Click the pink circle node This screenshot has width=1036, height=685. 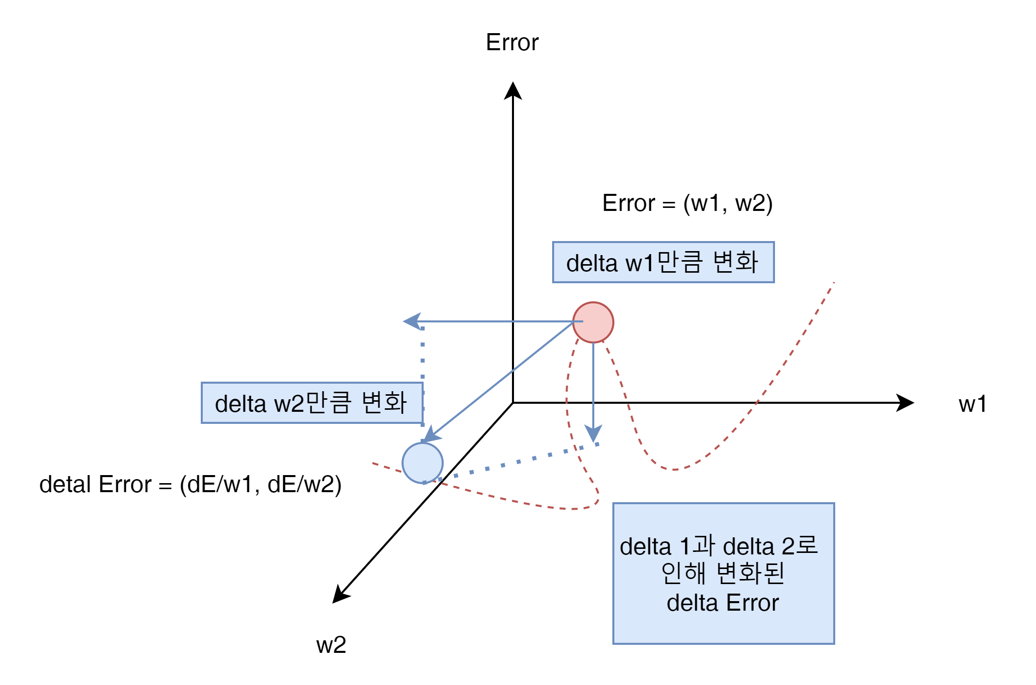click(593, 322)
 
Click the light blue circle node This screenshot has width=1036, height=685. click(423, 463)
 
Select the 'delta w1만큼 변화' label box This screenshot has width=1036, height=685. click(663, 262)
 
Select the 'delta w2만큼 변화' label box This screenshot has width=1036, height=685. click(312, 403)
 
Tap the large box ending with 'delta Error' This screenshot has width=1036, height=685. click(723, 573)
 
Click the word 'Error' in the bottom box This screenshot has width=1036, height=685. click(752, 603)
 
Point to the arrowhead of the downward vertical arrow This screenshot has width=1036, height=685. click(593, 434)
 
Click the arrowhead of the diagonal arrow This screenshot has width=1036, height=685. click(431, 435)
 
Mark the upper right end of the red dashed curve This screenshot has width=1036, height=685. click(834, 283)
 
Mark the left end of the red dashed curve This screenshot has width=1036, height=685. click(373, 463)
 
